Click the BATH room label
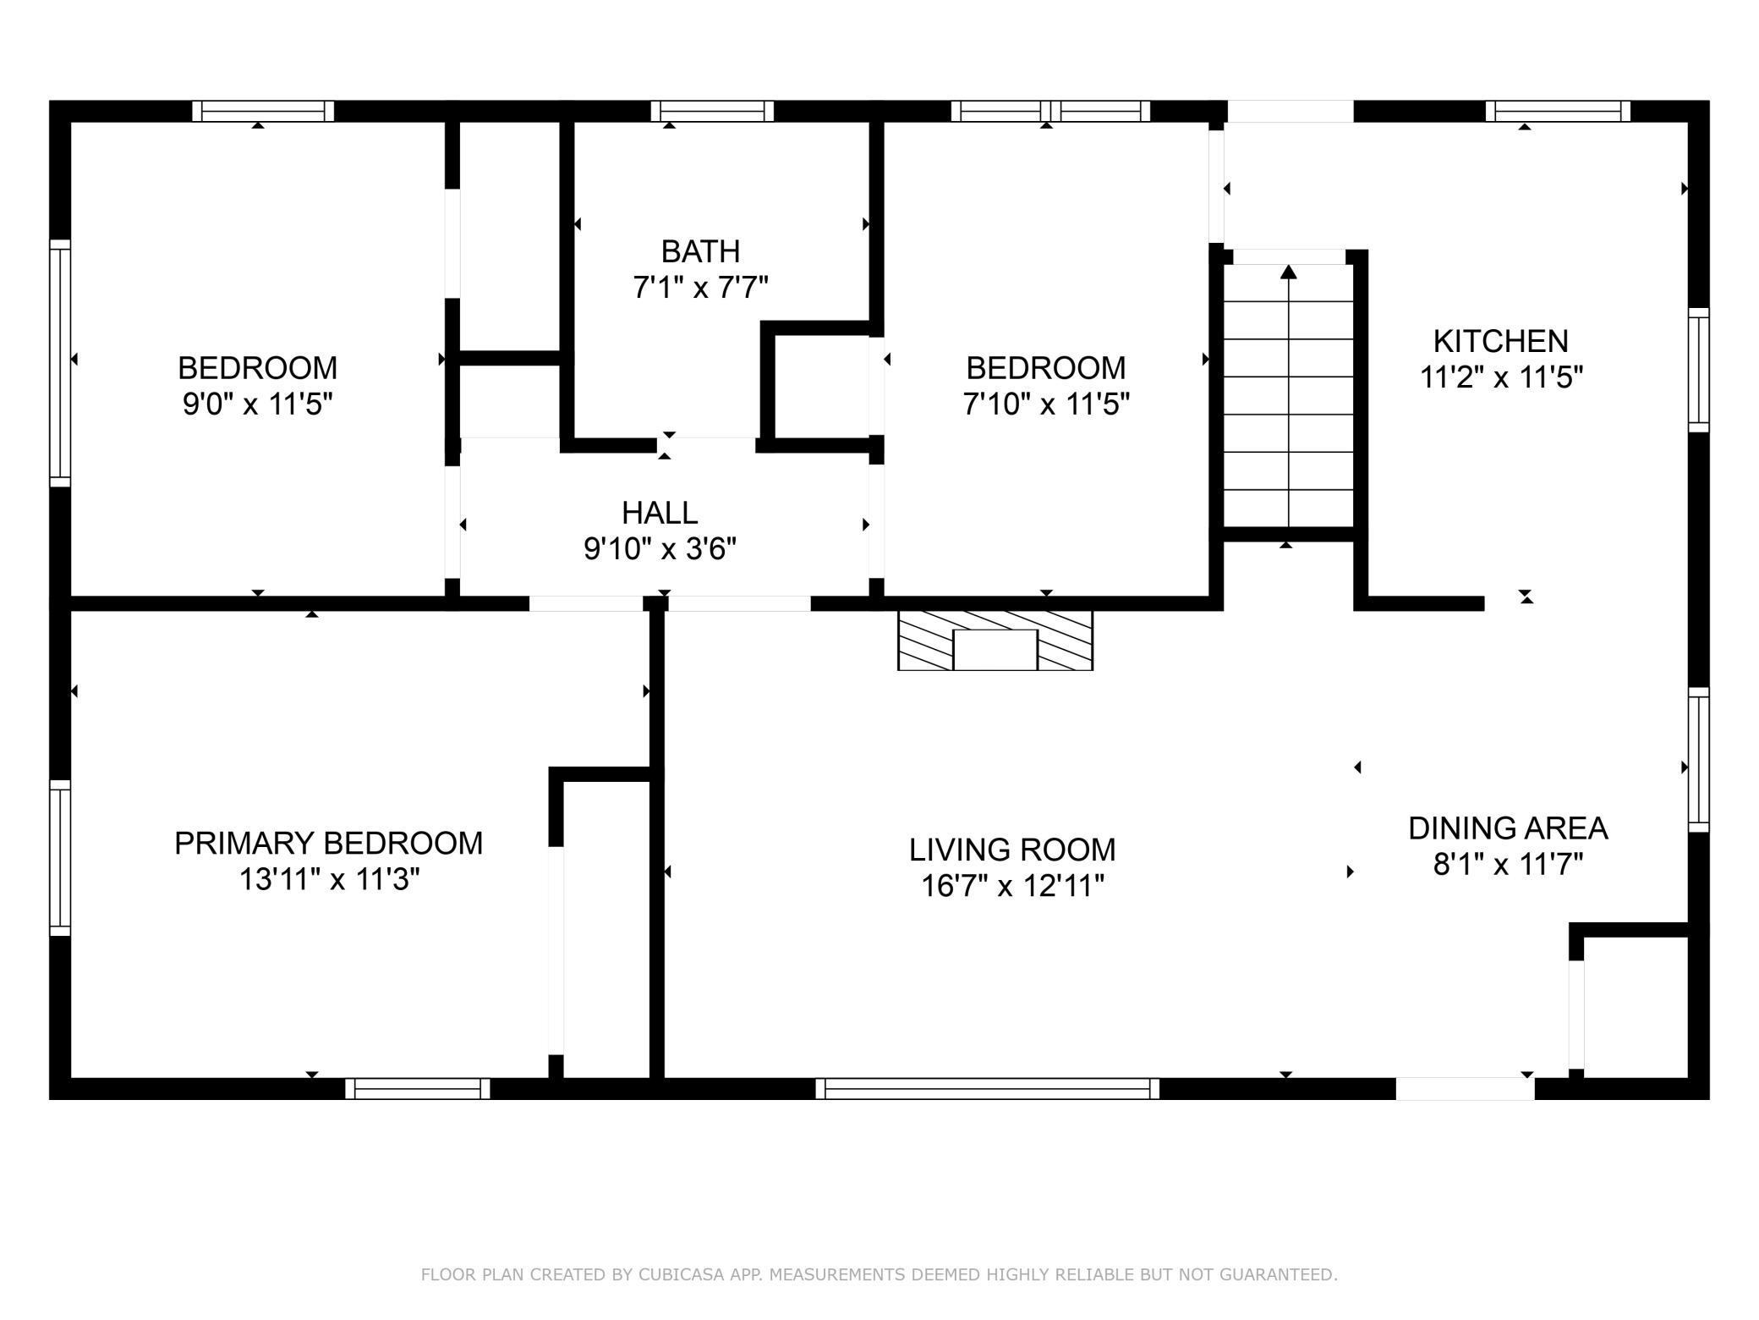[700, 251]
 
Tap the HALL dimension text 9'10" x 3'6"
[660, 550]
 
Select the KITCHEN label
[1500, 341]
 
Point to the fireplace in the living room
[995, 641]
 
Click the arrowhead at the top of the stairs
[1288, 272]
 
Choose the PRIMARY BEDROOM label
[328, 843]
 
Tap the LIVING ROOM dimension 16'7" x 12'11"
[1012, 886]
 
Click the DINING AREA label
[1508, 828]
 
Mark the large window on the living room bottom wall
[987, 1088]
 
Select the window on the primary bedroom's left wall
[60, 857]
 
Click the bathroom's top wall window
[712, 111]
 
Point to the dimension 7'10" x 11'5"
[1046, 404]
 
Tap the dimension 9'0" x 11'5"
[257, 404]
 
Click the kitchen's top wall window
[1558, 111]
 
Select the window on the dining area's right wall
[1698, 760]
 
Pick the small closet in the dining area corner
[1636, 1007]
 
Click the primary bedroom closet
[606, 929]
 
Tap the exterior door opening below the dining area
[1465, 1088]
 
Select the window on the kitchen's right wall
[1698, 370]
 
